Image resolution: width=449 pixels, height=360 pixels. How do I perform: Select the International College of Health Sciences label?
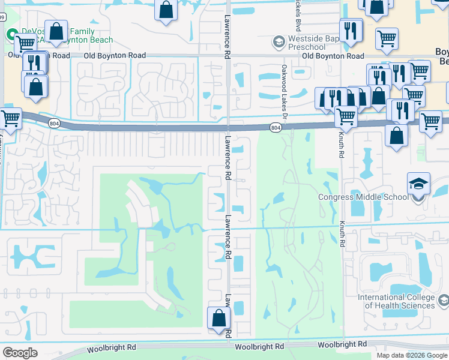(x=396, y=301)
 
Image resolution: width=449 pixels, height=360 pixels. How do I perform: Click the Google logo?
(x=20, y=353)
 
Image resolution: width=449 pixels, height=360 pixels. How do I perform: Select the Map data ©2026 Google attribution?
(x=411, y=355)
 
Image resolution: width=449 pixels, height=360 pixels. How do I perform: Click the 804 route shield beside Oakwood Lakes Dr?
(x=275, y=128)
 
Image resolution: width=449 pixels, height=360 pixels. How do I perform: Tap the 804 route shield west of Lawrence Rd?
(x=55, y=123)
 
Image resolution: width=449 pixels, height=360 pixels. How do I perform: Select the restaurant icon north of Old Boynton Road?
(x=350, y=29)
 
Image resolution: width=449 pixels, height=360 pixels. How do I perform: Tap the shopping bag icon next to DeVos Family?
(x=56, y=32)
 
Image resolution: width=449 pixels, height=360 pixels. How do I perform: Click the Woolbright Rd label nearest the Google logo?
(x=111, y=348)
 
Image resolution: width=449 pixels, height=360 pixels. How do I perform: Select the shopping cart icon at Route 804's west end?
(x=11, y=118)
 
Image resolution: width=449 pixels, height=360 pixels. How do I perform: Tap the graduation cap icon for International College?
(x=444, y=300)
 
